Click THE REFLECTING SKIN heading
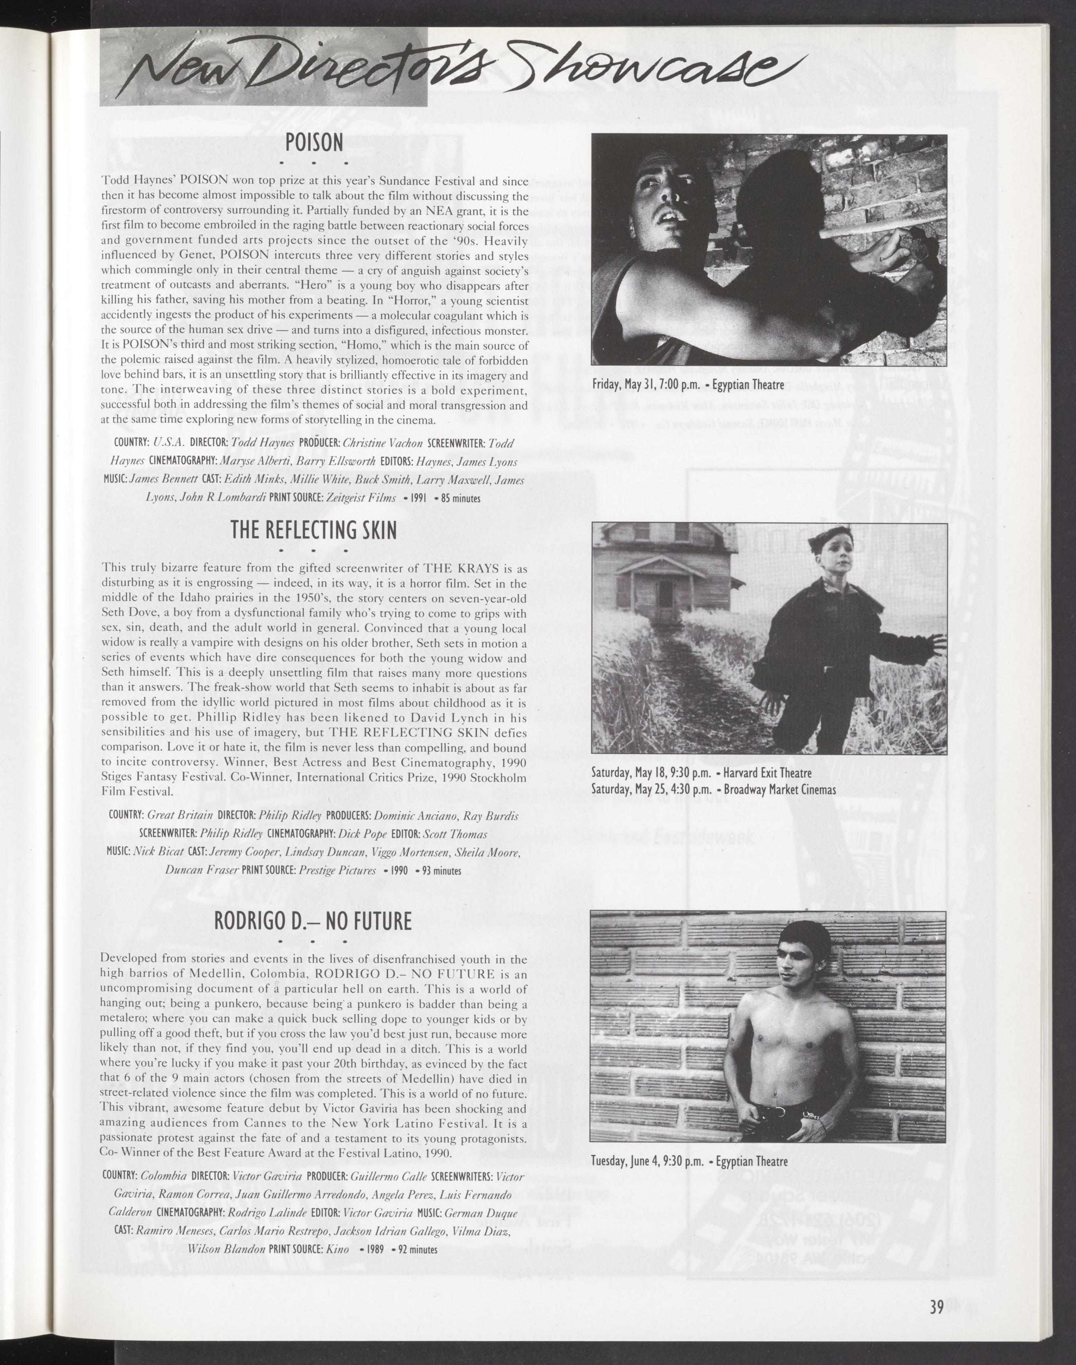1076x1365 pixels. click(x=314, y=530)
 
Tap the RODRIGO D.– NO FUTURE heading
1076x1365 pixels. click(x=313, y=922)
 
